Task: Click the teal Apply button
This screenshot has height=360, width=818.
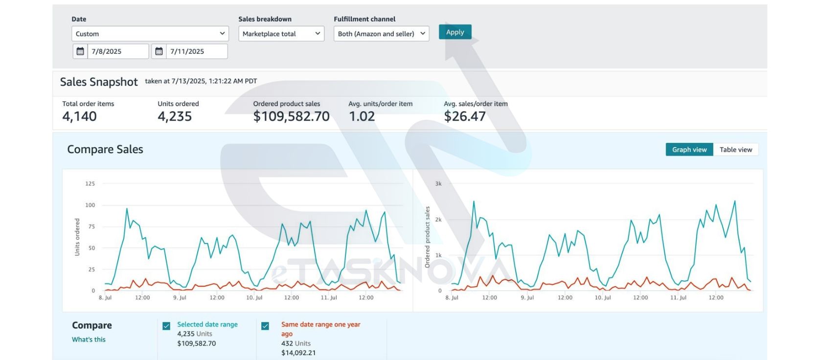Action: point(455,32)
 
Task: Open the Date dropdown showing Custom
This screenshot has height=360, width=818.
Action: point(150,34)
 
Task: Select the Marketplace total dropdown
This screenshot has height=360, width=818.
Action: point(281,34)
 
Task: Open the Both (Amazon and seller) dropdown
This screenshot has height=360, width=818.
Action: point(381,34)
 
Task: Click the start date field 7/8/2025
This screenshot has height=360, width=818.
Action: point(118,51)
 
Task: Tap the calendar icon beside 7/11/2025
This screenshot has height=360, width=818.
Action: point(159,51)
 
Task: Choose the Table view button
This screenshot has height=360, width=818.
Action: point(735,149)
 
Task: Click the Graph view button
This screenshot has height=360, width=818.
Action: point(689,149)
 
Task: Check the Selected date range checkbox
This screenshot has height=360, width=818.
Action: point(166,326)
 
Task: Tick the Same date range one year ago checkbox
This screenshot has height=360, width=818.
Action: point(265,326)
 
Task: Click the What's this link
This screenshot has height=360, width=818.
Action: point(89,339)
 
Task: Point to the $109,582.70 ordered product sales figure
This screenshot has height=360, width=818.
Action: point(292,116)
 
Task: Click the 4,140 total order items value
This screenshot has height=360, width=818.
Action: point(80,116)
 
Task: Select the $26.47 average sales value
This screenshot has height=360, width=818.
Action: point(465,116)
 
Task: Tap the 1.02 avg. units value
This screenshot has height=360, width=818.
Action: point(362,116)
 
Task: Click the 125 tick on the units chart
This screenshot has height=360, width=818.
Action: point(90,183)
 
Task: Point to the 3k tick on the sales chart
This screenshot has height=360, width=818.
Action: point(438,183)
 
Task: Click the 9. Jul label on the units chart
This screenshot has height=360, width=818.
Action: point(180,297)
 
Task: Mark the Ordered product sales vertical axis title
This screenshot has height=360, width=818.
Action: point(427,237)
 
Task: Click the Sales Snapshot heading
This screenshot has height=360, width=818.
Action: point(99,82)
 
